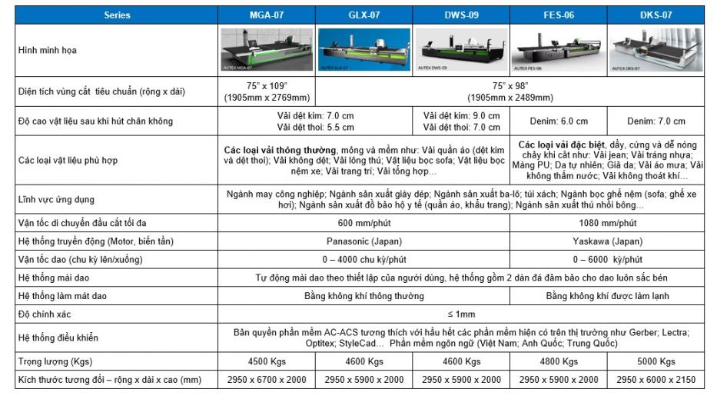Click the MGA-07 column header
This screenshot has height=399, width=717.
pyautogui.click(x=267, y=15)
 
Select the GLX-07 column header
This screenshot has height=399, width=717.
pyautogui.click(x=364, y=15)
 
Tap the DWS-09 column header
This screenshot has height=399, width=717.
pyautogui.click(x=462, y=15)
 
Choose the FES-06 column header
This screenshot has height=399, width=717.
pyautogui.click(x=559, y=15)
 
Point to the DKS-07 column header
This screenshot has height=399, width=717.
pyautogui.click(x=656, y=15)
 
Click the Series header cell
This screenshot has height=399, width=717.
pyautogui.click(x=117, y=15)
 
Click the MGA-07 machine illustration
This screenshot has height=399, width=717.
pyautogui.click(x=267, y=50)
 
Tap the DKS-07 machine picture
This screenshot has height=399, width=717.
pyautogui.click(x=656, y=50)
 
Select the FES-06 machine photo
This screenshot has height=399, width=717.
pyautogui.click(x=559, y=50)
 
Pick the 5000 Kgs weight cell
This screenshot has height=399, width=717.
pyautogui.click(x=656, y=361)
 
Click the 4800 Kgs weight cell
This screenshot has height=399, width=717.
pyautogui.click(x=559, y=361)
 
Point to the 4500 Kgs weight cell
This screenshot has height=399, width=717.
pyautogui.click(x=267, y=361)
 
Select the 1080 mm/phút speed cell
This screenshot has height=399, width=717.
pyautogui.click(x=607, y=223)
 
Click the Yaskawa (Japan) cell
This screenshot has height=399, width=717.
pyautogui.click(x=607, y=241)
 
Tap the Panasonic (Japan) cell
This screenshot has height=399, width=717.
pyautogui.click(x=364, y=241)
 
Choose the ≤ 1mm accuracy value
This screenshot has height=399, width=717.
pyautogui.click(x=461, y=314)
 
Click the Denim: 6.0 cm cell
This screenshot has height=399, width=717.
pyautogui.click(x=559, y=121)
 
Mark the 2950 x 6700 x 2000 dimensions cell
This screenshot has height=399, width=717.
pyautogui.click(x=267, y=380)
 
